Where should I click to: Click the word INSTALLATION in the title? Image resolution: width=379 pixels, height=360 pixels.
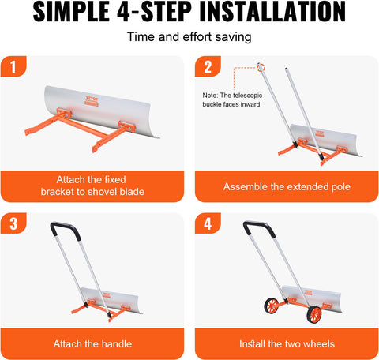265,13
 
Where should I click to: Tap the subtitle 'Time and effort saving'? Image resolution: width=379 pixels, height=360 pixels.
189,36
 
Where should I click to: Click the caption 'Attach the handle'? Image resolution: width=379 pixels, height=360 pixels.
92,343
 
